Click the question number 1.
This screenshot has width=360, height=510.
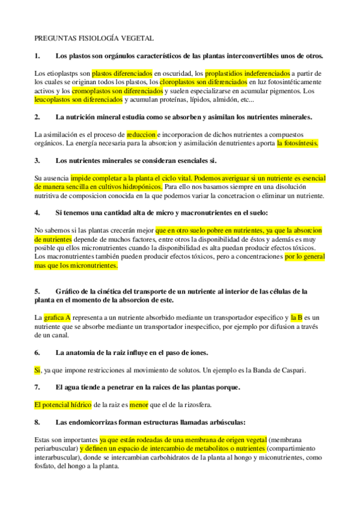coord(37,56)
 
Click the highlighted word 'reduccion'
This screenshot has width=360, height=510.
coord(141,135)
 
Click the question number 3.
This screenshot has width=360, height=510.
coord(37,161)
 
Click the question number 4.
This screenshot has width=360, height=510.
coord(37,213)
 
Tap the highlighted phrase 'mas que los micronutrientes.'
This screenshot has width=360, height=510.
coord(76,265)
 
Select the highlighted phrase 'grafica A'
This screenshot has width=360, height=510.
coord(58,317)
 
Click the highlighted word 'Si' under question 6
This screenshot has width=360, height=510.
coord(38,370)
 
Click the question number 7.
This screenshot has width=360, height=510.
coord(37,387)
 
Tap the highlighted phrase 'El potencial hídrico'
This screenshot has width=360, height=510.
coord(63,405)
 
